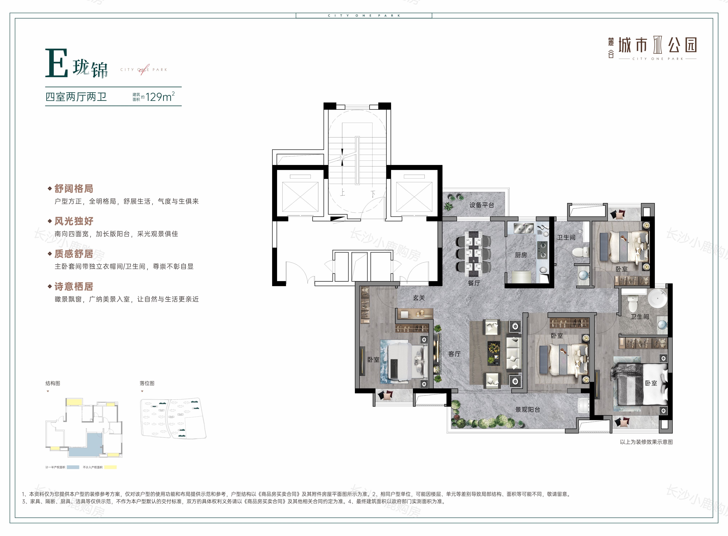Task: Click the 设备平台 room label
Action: click(482, 205)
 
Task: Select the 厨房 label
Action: click(521, 255)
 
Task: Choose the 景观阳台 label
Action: click(528, 409)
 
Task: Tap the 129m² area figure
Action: click(160, 97)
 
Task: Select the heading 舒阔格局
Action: click(74, 189)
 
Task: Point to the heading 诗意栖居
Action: click(74, 287)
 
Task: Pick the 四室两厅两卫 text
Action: click(76, 97)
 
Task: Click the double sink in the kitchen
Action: click(523, 229)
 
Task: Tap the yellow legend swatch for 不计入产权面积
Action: click(110, 467)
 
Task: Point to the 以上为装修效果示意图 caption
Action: click(646, 442)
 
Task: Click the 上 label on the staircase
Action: click(343, 192)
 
